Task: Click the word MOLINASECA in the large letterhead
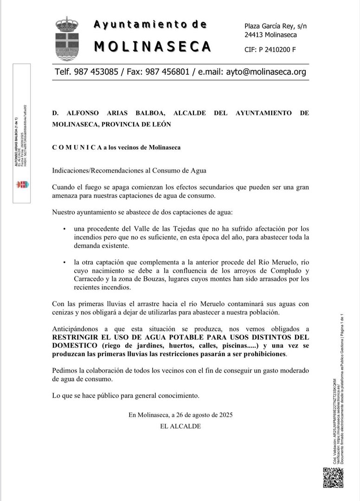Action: pos(153,46)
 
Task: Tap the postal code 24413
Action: pos(254,35)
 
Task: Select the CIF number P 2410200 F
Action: pos(276,50)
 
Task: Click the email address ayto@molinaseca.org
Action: pos(265,72)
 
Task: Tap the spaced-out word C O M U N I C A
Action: pos(77,148)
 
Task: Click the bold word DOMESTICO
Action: pos(74,346)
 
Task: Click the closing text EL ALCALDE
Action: pos(180,426)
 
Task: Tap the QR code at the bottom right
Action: pos(333,478)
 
